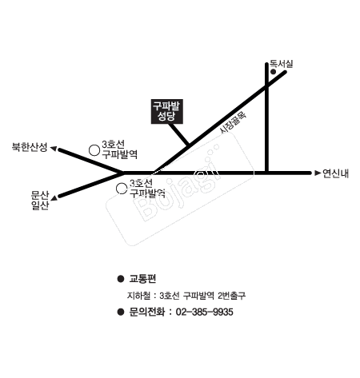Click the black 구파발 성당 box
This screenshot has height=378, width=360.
pos(167,111)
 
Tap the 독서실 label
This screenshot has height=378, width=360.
pos(282,64)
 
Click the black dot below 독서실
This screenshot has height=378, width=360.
pos(273,72)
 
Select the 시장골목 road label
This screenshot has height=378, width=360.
pos(233,122)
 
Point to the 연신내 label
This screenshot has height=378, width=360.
pos(335,173)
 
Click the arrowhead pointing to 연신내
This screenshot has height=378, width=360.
pos(318,173)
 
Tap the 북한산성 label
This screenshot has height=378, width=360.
pos(30,147)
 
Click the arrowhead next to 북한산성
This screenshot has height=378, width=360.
pos(54,149)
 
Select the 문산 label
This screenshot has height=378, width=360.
pos(40,195)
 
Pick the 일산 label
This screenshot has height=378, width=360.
pos(40,205)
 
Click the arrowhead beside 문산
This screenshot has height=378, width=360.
pos(54,197)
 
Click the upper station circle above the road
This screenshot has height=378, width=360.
pos(94,150)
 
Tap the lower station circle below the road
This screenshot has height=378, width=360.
pos(122,189)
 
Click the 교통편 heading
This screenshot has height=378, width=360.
pos(142,279)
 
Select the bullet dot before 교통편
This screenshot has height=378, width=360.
pos(121,279)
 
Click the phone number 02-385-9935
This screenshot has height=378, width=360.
pos(204,312)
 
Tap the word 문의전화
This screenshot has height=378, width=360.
pos(146,312)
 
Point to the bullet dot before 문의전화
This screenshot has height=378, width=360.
pos(121,312)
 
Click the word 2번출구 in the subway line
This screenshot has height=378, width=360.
pos(231,296)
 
